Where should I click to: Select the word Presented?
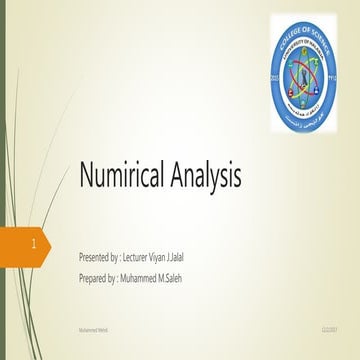pos(98,258)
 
